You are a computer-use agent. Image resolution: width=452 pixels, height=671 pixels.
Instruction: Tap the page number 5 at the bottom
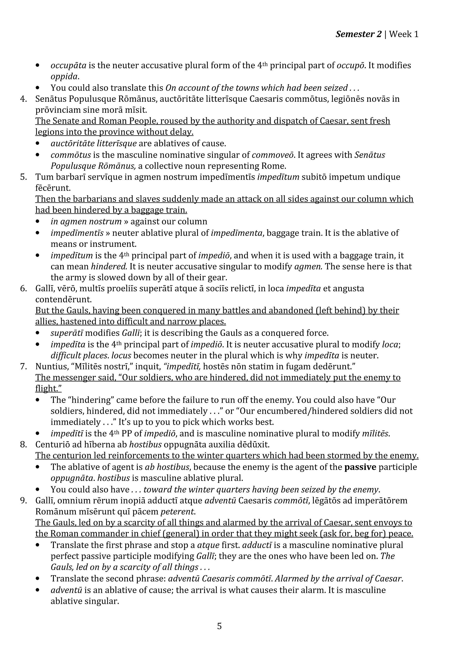[219, 626]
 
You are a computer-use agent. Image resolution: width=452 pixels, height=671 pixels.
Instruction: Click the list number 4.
[23, 99]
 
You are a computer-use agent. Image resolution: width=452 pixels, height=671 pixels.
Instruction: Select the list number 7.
[23, 367]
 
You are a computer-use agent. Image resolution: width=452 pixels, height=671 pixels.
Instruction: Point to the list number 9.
[23, 500]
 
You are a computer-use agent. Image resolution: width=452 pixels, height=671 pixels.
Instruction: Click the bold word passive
[360, 467]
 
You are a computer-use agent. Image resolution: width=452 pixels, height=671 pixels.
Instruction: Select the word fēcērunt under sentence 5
[53, 188]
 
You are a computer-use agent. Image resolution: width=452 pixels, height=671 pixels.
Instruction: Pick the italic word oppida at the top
[64, 77]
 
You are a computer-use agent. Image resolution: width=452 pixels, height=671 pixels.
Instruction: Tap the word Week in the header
[400, 34]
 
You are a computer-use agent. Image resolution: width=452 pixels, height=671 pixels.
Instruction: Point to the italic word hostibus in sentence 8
[145, 444]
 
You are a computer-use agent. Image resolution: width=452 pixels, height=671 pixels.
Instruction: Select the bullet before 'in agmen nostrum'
[38, 222]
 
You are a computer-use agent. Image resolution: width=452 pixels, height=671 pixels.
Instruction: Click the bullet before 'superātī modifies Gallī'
[38, 333]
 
